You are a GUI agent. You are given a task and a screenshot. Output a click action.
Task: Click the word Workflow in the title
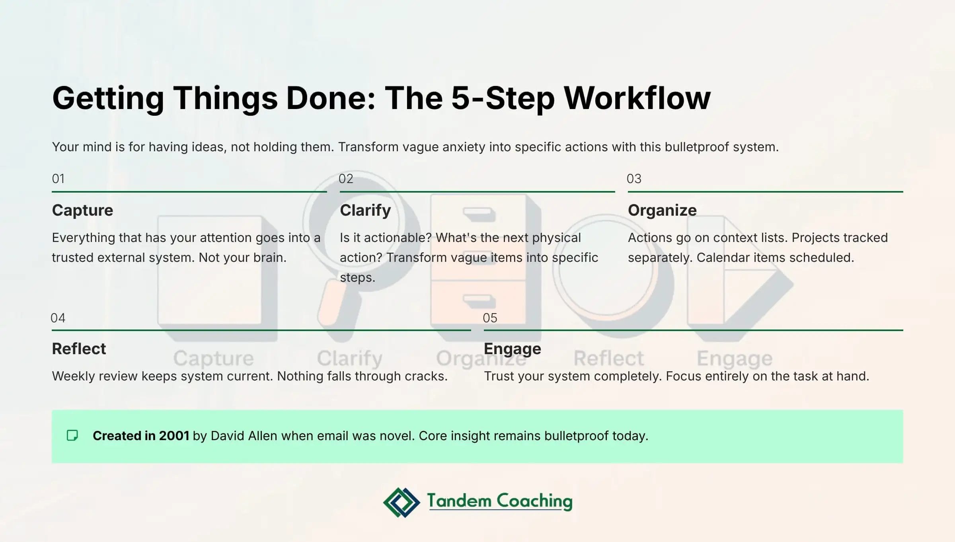coord(637,98)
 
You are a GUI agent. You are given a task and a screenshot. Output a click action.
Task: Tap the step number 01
coord(58,179)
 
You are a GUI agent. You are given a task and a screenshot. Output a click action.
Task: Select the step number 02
coord(346,179)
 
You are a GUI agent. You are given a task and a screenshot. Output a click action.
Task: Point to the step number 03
coord(634,179)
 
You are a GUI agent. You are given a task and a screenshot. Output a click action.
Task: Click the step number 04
coord(58,318)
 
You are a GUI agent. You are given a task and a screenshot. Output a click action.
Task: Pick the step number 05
coord(490,318)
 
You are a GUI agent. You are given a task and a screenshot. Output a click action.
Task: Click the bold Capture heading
coord(82,210)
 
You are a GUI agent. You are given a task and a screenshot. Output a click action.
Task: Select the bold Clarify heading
coord(365,210)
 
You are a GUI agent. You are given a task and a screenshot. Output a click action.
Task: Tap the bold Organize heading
coord(662,210)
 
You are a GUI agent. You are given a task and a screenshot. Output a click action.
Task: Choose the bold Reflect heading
coord(79,349)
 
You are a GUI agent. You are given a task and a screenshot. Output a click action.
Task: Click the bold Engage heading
coord(512,349)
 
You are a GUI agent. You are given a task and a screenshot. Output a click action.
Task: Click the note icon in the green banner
coord(72,435)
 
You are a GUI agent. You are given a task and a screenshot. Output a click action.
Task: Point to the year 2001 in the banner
coord(174,436)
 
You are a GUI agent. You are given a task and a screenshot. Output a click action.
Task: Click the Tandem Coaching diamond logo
coord(401,502)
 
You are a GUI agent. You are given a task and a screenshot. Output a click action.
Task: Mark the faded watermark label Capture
coord(213,358)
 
